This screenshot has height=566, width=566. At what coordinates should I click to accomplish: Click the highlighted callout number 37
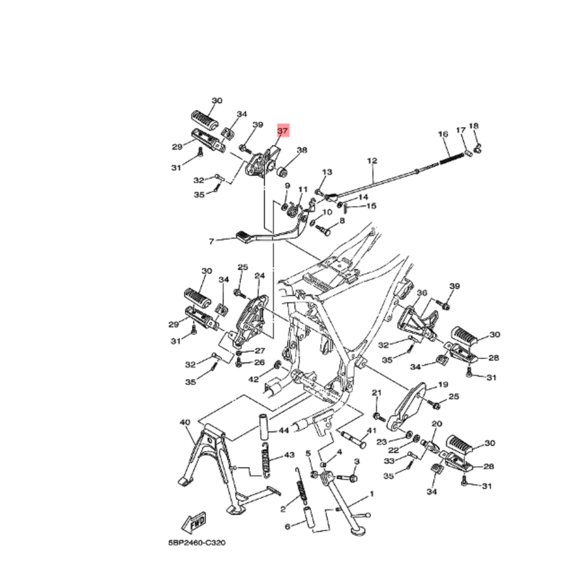tap(282, 130)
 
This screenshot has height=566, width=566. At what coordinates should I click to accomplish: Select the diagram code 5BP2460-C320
tap(197, 543)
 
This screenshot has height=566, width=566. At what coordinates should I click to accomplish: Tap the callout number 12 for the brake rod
tap(372, 161)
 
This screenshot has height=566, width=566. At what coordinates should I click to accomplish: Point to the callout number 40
tap(185, 422)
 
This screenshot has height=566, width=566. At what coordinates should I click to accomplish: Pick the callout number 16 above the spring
tap(443, 134)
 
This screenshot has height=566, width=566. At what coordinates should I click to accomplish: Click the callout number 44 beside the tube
tap(284, 431)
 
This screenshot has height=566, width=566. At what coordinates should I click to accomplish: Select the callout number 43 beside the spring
tap(290, 455)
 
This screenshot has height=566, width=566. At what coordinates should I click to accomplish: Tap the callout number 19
tap(443, 385)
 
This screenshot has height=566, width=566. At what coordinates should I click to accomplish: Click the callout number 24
tap(260, 276)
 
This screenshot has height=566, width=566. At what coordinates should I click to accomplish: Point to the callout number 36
tap(422, 292)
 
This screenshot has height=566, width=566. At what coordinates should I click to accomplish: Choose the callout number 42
tap(253, 379)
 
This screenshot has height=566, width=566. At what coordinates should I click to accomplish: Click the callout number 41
tap(371, 431)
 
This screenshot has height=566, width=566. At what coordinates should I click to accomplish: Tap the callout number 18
tap(474, 125)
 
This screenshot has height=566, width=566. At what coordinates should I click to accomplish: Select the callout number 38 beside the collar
tap(302, 150)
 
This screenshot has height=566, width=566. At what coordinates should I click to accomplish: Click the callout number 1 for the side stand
tap(372, 494)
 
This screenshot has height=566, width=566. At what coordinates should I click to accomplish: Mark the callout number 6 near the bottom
tap(287, 527)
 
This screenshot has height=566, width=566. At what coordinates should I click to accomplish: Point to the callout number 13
tap(327, 172)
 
